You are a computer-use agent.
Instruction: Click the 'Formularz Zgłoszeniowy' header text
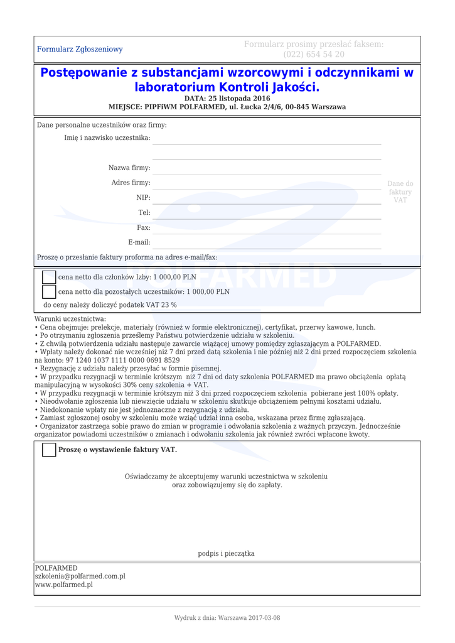(x=80, y=49)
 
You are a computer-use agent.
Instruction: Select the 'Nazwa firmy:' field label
(x=129, y=168)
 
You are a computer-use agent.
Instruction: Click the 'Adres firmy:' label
(x=131, y=183)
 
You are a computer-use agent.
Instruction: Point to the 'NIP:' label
(x=143, y=198)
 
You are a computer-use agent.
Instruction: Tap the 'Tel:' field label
(x=144, y=213)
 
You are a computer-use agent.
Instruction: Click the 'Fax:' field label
(x=144, y=227)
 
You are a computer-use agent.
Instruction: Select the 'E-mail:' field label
(x=139, y=242)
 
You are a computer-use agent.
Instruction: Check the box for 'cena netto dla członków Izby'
(x=49, y=277)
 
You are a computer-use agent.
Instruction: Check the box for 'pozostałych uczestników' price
(x=49, y=292)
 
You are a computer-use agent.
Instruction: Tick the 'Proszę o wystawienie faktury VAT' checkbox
(x=49, y=450)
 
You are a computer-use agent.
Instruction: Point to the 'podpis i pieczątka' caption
(x=226, y=553)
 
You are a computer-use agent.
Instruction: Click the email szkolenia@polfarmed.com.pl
(x=80, y=576)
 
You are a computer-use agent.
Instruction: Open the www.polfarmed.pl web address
(x=63, y=585)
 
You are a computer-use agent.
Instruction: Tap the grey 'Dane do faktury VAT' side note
(x=400, y=192)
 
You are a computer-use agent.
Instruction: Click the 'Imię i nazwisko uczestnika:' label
(x=107, y=138)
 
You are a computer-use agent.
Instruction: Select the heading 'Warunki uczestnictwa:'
(x=70, y=319)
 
